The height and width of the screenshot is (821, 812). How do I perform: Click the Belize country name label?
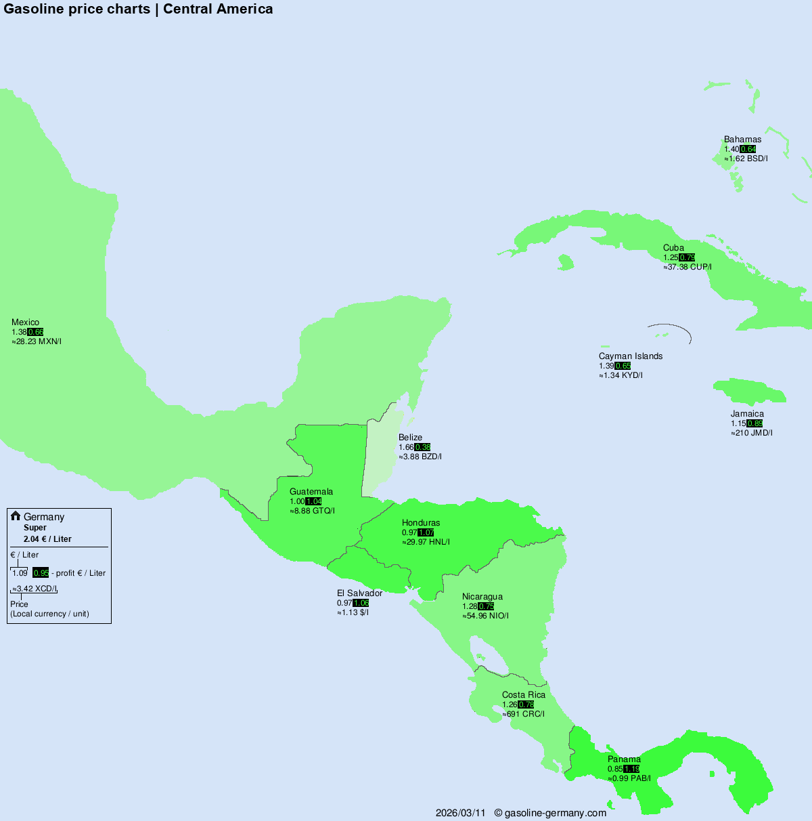pos(410,438)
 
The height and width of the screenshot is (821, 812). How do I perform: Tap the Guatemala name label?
pos(311,492)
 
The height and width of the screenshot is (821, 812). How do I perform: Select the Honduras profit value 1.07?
pos(426,533)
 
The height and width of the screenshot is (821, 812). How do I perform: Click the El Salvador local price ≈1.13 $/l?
pos(353,613)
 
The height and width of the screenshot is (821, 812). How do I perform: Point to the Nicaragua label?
pos(482,597)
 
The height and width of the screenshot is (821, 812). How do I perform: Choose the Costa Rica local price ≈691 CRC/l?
pos(523,714)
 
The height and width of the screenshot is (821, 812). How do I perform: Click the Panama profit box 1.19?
pos(631,769)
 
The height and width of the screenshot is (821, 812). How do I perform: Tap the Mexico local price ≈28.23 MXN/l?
pos(37,342)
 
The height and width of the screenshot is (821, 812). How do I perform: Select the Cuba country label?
pos(673,248)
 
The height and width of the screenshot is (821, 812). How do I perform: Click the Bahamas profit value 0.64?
pos(748,149)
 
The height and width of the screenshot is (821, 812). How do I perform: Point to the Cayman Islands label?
pos(631,356)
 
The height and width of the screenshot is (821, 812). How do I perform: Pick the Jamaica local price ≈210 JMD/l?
pos(751,433)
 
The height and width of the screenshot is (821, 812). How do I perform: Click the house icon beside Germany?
pos(16,516)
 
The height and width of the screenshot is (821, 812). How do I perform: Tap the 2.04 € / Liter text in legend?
pos(47,539)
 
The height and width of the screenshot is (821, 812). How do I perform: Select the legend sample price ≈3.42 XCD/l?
pos(35,589)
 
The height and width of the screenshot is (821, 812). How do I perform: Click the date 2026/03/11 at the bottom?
pos(461,813)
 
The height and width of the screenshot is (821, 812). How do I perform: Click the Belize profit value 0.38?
pos(422,448)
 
